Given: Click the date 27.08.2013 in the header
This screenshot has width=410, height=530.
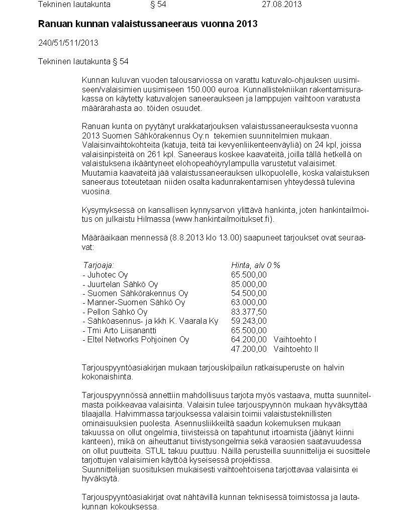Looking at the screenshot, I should [x=282, y=5].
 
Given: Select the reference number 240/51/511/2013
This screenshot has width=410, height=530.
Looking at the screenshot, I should [x=68, y=43].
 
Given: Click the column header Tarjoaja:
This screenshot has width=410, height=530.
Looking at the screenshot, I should [x=98, y=265].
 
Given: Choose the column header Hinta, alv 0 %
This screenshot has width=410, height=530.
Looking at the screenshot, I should [x=255, y=265].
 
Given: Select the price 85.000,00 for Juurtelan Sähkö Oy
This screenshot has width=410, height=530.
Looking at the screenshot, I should [x=249, y=284].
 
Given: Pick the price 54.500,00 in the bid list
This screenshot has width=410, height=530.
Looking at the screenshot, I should [x=249, y=293].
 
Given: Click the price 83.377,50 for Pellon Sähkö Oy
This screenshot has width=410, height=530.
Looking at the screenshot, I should [x=249, y=312].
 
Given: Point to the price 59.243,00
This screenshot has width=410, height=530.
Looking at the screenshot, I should [x=249, y=321].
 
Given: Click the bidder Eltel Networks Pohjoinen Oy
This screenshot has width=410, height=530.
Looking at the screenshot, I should [x=136, y=340].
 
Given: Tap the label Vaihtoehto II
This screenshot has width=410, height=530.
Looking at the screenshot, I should [x=296, y=349].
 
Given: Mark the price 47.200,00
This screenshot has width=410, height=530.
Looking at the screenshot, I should [x=249, y=349].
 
